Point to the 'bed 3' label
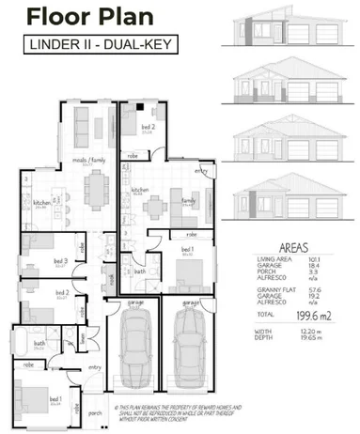click(x=61, y=260)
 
